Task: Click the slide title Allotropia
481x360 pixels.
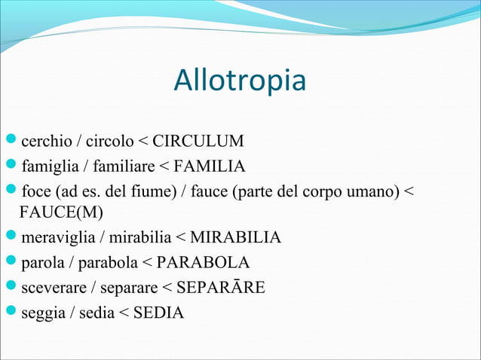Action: click(240, 81)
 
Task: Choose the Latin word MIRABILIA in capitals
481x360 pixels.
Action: click(235, 239)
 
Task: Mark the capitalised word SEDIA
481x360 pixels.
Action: click(158, 311)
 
